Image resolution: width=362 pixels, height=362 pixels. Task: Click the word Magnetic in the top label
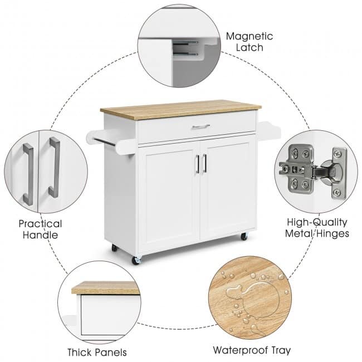(250, 36)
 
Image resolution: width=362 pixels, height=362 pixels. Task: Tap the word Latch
(250, 47)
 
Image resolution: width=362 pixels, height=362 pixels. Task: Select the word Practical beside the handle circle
(40, 224)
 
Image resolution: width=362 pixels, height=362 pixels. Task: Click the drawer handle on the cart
(201, 126)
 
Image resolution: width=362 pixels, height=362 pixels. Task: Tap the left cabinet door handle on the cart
(197, 164)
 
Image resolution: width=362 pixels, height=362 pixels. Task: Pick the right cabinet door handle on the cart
(204, 163)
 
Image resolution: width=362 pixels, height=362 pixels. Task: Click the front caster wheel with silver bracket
(136, 260)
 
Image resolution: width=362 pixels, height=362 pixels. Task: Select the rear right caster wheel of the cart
(244, 236)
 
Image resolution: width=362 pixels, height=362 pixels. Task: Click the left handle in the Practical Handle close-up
(28, 174)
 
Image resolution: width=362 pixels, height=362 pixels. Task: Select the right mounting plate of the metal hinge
(339, 173)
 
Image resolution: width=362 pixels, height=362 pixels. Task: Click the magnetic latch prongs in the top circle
(185, 48)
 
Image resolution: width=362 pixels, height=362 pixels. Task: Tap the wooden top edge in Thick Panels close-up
(106, 288)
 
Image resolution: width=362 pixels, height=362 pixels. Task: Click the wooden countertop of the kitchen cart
(180, 109)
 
